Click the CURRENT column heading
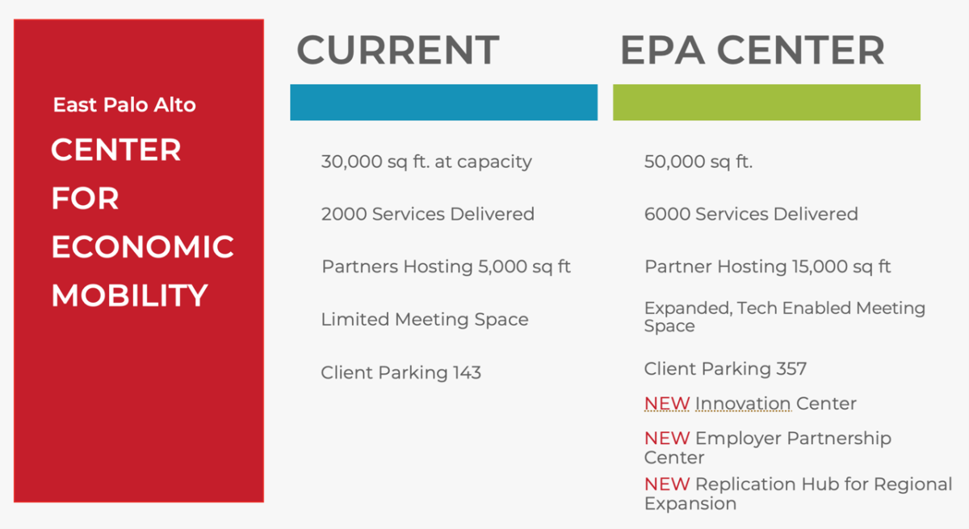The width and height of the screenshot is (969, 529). [398, 50]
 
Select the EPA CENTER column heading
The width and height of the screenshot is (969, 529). [753, 50]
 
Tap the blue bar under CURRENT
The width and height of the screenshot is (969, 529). [444, 102]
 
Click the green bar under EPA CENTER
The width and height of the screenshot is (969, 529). [766, 102]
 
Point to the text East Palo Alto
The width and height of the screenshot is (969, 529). [124, 105]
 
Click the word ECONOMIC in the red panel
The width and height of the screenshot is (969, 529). [143, 246]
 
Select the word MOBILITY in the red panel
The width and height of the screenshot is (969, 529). [130, 296]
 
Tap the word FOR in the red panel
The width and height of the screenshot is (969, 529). [85, 198]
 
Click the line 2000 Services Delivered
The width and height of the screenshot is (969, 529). [428, 214]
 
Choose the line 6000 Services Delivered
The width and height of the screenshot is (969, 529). [751, 214]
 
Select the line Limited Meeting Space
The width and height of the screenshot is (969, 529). [425, 320]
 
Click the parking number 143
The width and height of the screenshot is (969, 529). [467, 372]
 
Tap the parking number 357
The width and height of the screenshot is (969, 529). [791, 368]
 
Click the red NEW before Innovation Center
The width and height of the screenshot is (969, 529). [667, 404]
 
